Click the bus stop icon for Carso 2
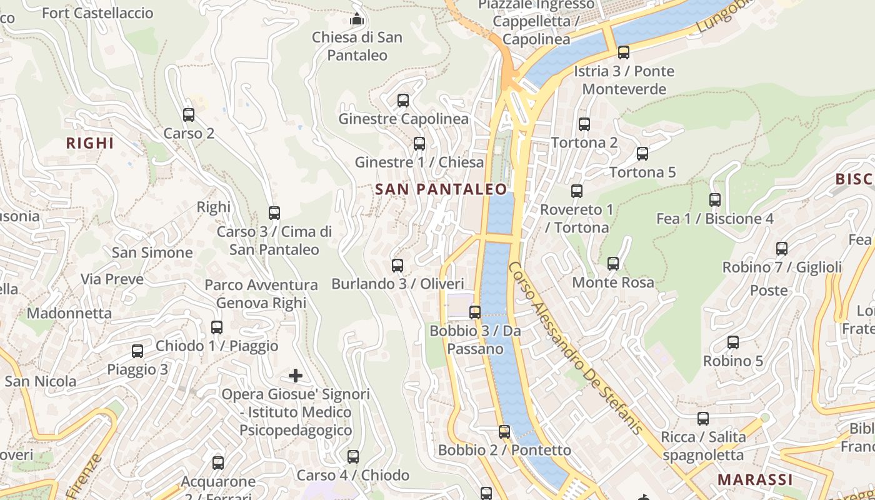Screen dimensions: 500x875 pos(189,115)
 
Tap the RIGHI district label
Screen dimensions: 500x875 pos(90,143)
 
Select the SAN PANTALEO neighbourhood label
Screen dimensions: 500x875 pos(441,189)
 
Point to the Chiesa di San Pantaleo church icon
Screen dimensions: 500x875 pos(357,19)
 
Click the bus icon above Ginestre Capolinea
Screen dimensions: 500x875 pos(403,100)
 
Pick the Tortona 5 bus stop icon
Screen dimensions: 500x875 pos(642,154)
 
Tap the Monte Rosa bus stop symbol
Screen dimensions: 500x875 pos(613,264)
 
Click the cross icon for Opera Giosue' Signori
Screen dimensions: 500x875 pos(296,376)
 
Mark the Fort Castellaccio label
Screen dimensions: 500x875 pos(97,13)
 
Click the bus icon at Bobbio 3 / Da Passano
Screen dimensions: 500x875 pos(475,312)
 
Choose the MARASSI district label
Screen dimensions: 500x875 pos(755,480)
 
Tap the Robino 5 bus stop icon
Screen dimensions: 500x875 pos(733,342)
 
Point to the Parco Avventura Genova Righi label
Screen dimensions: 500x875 pos(261,294)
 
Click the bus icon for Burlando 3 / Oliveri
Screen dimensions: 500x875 pos(397,266)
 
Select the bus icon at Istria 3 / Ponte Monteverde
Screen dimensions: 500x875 pos(624,52)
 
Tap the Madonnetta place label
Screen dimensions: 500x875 pos(69,313)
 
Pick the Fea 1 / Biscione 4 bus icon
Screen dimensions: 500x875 pos(715,200)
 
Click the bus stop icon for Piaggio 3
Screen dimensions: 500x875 pos(137,351)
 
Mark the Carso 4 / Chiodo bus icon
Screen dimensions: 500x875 pos(353,457)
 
